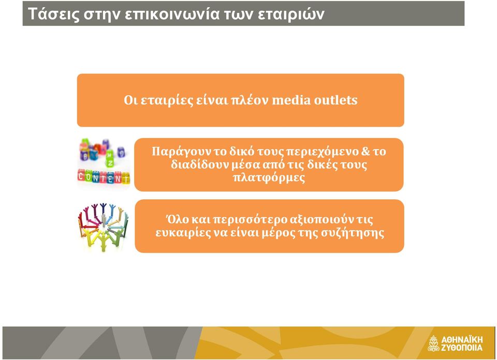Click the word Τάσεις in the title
(x=53, y=14)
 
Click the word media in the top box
(x=291, y=100)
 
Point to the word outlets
(x=335, y=100)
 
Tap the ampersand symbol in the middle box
(x=365, y=151)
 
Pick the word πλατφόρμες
(x=269, y=177)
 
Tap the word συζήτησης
(x=353, y=233)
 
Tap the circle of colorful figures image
(x=104, y=227)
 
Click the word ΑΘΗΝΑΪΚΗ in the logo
(x=462, y=340)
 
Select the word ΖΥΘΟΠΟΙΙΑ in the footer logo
(x=462, y=348)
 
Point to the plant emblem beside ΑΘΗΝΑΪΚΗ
(x=433, y=343)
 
